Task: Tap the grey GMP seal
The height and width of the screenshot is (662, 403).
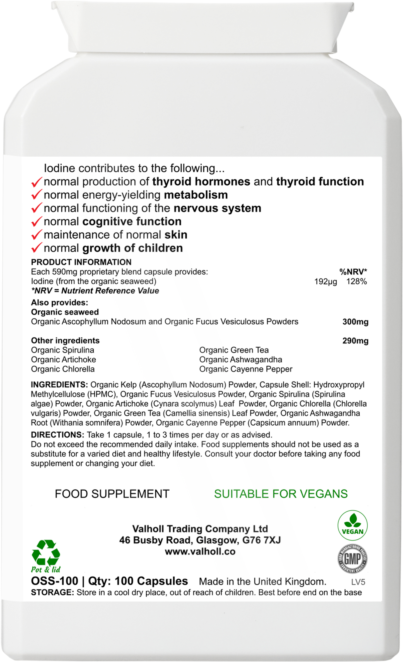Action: [353, 559]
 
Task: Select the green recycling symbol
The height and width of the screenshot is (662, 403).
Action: [46, 552]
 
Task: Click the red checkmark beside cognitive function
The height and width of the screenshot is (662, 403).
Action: [37, 222]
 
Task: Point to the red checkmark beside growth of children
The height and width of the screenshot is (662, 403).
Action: [37, 249]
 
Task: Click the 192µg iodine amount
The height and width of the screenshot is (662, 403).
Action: [325, 282]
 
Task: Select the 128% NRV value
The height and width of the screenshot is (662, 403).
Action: [356, 282]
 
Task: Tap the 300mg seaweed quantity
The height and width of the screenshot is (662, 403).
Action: [355, 322]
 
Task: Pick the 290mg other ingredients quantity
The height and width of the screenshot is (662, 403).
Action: [355, 341]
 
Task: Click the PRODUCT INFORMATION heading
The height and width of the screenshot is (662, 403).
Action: [81, 262]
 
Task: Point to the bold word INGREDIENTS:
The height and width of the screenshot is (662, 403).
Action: [59, 385]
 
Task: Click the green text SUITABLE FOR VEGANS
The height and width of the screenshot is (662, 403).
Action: [281, 494]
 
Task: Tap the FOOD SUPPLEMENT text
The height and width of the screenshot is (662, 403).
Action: [112, 494]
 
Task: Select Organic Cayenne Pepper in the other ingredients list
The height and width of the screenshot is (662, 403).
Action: [246, 369]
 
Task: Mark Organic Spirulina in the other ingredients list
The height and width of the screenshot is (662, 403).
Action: [62, 350]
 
